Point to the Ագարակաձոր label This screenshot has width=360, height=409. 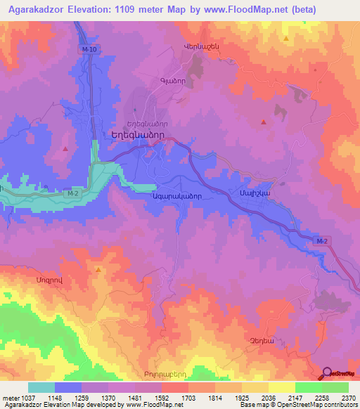(177, 197)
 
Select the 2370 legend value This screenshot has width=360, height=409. (348, 398)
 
